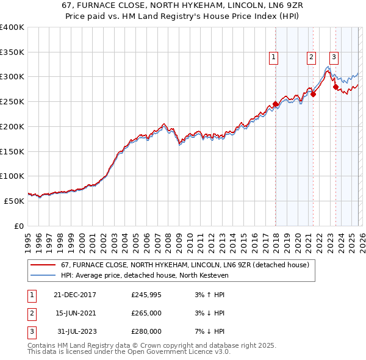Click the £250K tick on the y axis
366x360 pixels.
pyautogui.click(x=12, y=101)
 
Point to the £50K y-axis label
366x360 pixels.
pyautogui.click(x=13, y=201)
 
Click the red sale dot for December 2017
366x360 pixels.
pyautogui.click(x=275, y=104)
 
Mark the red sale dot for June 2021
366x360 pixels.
pyautogui.click(x=313, y=94)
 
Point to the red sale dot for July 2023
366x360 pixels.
pyautogui.click(x=335, y=87)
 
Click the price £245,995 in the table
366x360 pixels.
pyautogui.click(x=146, y=295)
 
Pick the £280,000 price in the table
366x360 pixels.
pyautogui.click(x=146, y=331)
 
